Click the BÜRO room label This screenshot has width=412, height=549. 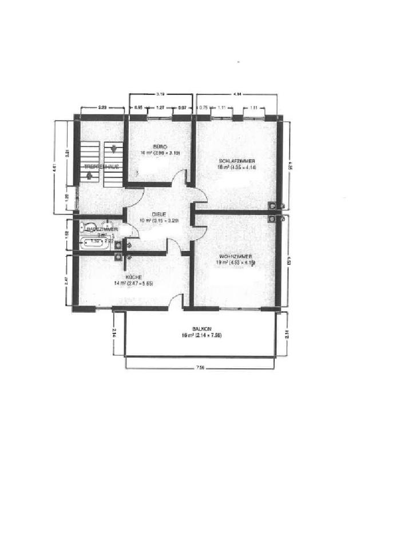(152, 146)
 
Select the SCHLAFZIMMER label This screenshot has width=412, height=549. (236, 161)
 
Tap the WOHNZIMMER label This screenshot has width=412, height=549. (236, 256)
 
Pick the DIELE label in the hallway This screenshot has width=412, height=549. (159, 214)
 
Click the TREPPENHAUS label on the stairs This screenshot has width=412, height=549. (101, 166)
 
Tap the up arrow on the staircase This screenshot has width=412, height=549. (89, 176)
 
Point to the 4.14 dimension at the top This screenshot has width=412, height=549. (237, 93)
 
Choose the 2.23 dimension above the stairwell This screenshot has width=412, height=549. (103, 107)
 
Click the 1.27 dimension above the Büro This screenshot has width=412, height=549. (161, 107)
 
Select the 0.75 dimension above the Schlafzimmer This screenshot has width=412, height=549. (203, 107)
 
